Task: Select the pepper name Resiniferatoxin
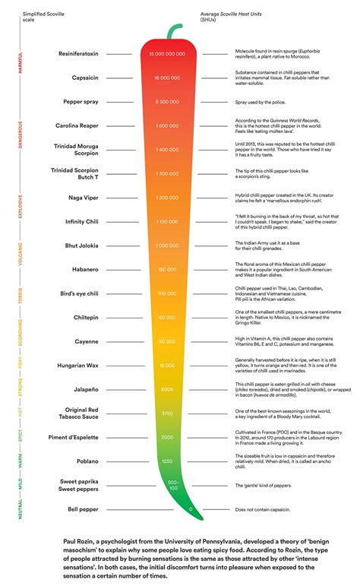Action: point(78,54)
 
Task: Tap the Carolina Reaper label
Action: point(77,125)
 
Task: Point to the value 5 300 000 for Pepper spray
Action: point(167,101)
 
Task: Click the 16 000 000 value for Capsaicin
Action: point(167,78)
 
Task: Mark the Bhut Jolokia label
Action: point(81,245)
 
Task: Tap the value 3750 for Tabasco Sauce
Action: point(168,413)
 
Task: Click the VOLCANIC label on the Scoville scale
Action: point(21,256)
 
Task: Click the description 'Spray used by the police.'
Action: point(257,101)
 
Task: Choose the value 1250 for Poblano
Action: point(168,461)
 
